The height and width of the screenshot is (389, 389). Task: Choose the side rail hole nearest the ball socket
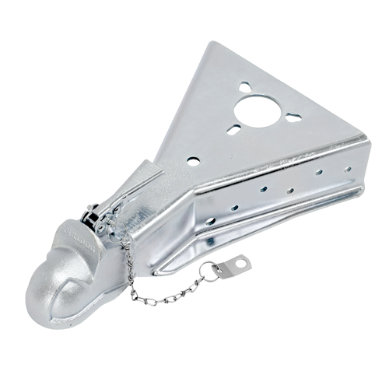coord(233,208)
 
